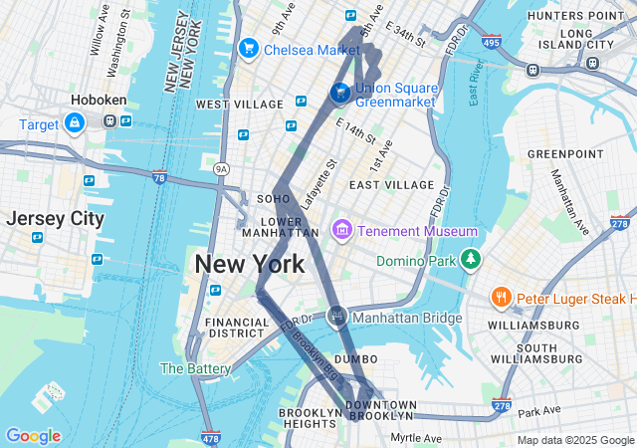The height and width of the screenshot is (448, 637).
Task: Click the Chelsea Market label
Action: pyautogui.click(x=311, y=49)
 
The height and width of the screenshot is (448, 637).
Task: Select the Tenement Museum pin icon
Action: pyautogui.click(x=341, y=231)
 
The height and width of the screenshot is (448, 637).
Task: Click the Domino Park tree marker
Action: pyautogui.click(x=470, y=261)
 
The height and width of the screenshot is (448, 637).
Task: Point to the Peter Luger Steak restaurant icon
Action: pyautogui.click(x=500, y=298)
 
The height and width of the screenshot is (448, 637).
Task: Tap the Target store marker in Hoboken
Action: pyautogui.click(x=75, y=123)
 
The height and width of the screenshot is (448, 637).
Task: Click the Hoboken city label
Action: pyautogui.click(x=97, y=100)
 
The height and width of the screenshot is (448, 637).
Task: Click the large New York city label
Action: pyautogui.click(x=250, y=264)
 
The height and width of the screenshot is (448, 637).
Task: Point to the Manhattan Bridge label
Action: pyautogui.click(x=407, y=319)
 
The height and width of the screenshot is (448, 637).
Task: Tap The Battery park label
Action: pyautogui.click(x=196, y=368)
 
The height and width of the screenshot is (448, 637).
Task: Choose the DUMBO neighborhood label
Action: pyautogui.click(x=355, y=358)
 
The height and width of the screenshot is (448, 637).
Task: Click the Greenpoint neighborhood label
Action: pyautogui.click(x=565, y=154)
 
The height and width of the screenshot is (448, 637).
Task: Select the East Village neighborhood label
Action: pyautogui.click(x=392, y=185)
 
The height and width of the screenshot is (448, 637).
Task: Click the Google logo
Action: pyautogui.click(x=33, y=436)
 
